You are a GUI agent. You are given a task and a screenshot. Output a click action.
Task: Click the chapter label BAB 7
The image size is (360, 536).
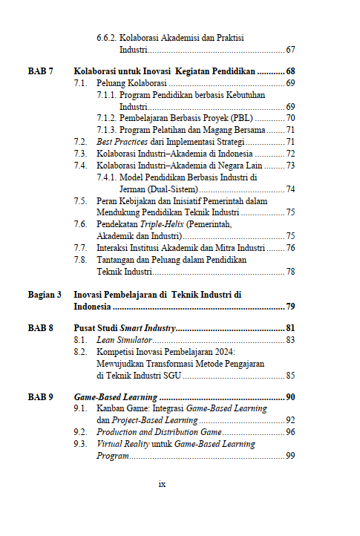pyautogui.click(x=40, y=71)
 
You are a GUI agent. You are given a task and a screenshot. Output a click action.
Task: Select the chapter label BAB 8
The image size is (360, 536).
pyautogui.click(x=40, y=328)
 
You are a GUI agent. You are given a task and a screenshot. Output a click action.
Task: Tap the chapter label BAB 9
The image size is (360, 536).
pyautogui.click(x=40, y=397)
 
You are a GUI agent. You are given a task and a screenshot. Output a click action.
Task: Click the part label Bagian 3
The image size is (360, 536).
pyautogui.click(x=45, y=295)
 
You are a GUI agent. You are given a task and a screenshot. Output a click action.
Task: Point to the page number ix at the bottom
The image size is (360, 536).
pyautogui.click(x=162, y=484)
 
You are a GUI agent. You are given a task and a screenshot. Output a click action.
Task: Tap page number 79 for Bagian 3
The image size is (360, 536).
pyautogui.click(x=290, y=306)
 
